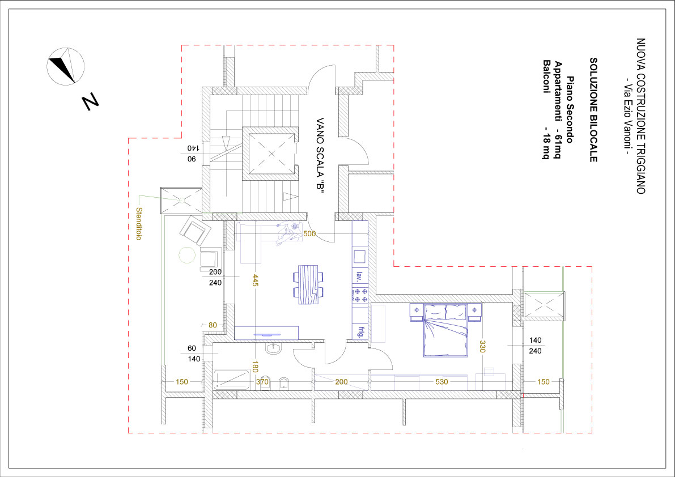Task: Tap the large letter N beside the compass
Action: coord(91,102)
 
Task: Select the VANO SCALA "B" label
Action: coord(320,155)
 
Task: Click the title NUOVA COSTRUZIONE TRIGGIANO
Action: coord(641,116)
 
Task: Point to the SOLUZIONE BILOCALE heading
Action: coord(593,110)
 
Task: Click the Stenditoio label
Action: coord(139,224)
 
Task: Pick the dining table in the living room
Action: coord(308,285)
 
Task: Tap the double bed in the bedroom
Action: coord(445,330)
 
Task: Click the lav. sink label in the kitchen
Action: coord(359,276)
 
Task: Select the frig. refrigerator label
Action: coord(359,332)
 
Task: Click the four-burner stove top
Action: coord(360,295)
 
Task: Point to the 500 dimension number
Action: coord(309,233)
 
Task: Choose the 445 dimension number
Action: coord(255,280)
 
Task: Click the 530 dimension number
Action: coord(441,381)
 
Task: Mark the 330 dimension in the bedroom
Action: coord(482,347)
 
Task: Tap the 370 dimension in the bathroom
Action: coord(262,381)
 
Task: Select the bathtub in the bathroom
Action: coord(232,380)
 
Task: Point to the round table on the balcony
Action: coord(187,255)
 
